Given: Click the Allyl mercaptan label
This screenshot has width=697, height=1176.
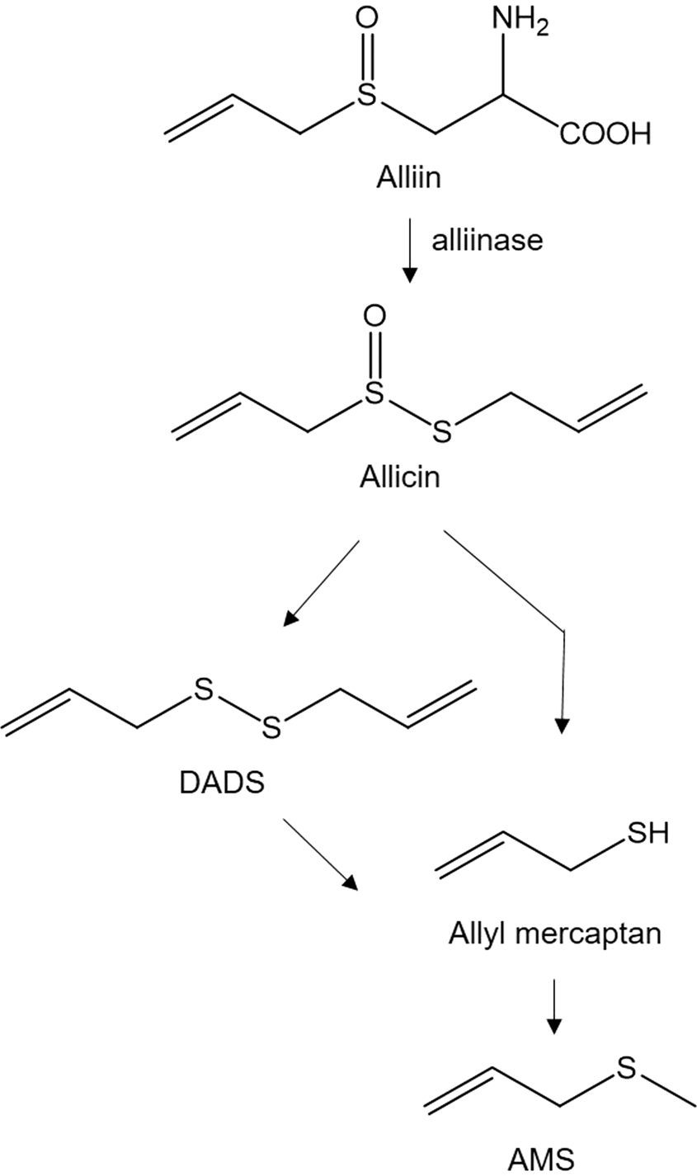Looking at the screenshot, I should click(x=555, y=934).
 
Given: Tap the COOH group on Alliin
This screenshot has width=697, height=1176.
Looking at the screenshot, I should click(x=605, y=133).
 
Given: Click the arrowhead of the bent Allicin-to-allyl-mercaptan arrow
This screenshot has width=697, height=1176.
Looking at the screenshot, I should click(x=562, y=725).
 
